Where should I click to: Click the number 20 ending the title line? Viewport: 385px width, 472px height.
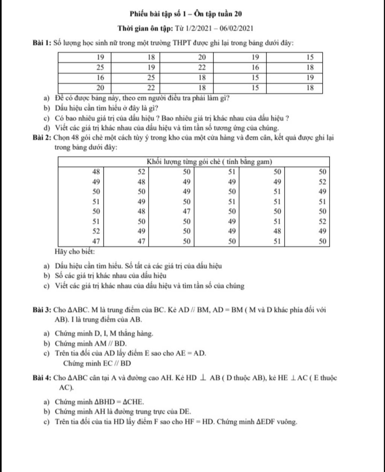238,14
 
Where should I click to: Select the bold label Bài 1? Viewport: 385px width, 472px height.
41,43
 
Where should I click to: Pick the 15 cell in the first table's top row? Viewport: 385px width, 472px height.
309,57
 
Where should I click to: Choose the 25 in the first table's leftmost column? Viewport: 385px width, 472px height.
100,68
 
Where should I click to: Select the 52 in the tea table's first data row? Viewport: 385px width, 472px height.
141,172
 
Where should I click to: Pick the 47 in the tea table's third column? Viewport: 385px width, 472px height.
186,211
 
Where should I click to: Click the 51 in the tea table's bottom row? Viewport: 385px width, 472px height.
277,242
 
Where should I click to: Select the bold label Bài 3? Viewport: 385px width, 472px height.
41,310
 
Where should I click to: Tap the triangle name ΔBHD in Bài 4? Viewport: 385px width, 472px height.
98,401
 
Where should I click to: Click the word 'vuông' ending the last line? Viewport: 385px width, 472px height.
288,422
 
